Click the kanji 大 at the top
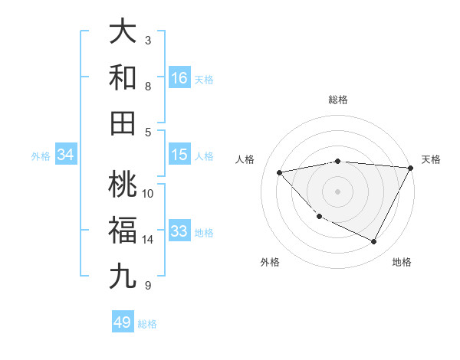point(123,33)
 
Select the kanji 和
point(123,77)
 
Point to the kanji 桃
point(123,185)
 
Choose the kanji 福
point(123,230)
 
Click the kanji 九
point(123,276)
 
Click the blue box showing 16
point(179,77)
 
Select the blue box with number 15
point(179,155)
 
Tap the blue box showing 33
point(179,231)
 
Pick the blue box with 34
point(66,155)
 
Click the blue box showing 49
point(123,322)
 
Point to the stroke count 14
point(148,240)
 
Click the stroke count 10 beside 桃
point(148,193)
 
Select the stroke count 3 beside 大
point(148,40)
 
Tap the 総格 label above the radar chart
point(337,100)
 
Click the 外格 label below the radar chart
point(270,262)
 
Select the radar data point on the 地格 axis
point(373,242)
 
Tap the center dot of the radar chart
point(337,191)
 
